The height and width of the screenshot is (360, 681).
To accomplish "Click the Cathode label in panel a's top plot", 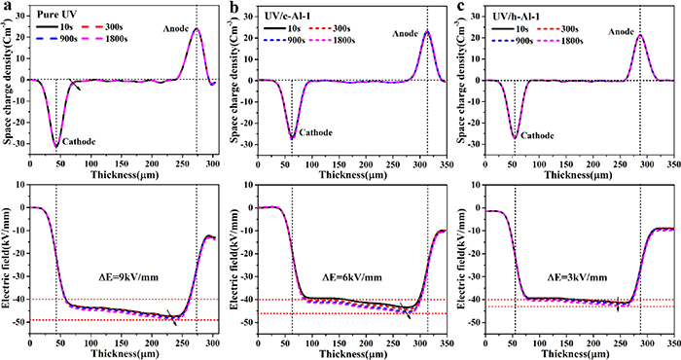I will [80, 142].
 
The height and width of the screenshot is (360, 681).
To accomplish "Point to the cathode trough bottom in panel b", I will [292, 137].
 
